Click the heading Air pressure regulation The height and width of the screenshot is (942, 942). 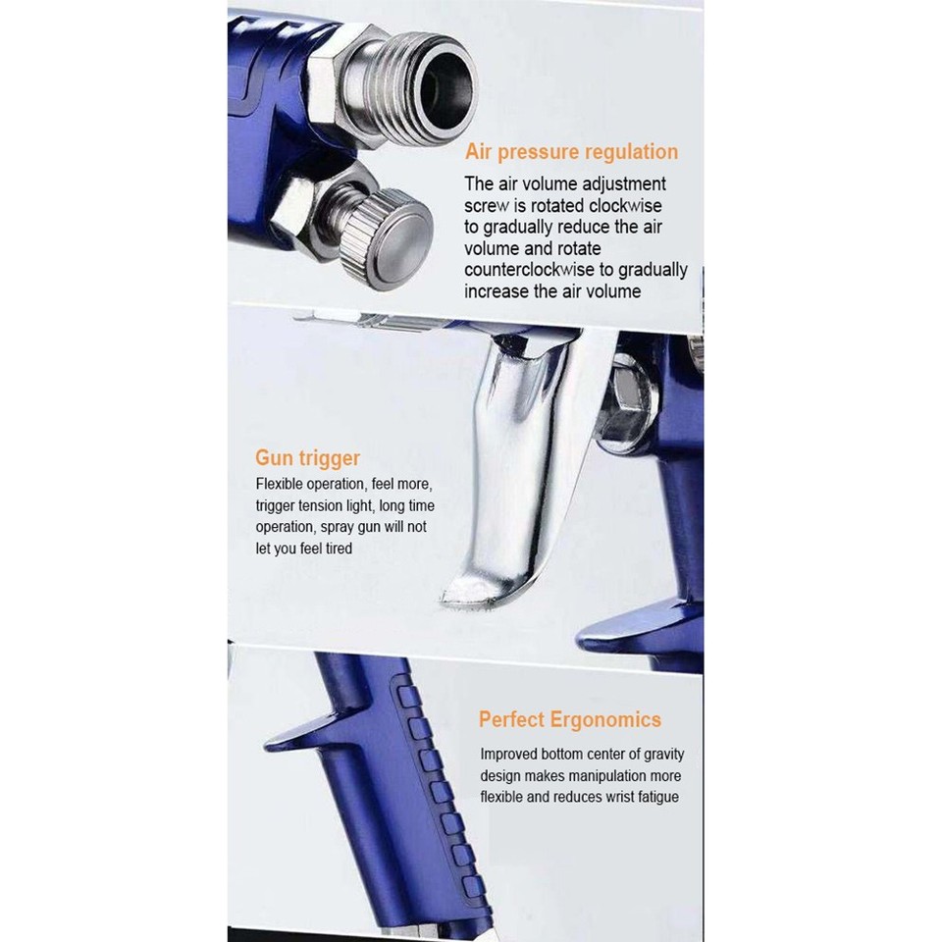[572, 152]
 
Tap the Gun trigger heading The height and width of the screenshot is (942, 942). [307, 458]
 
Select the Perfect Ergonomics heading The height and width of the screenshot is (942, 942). [569, 719]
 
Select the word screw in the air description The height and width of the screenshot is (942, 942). [488, 205]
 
